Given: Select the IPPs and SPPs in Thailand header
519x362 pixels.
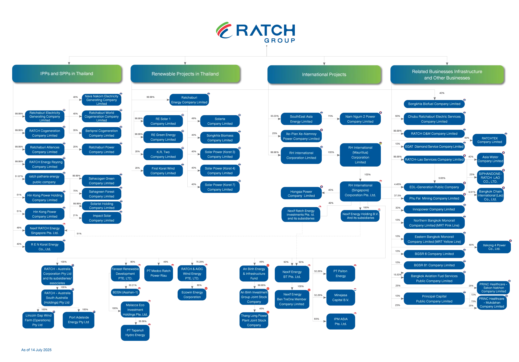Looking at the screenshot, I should (67, 74).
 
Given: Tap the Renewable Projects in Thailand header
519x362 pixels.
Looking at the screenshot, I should (185, 74).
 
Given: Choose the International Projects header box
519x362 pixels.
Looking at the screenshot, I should (324, 74).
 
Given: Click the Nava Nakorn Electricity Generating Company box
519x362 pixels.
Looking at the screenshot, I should (102, 100).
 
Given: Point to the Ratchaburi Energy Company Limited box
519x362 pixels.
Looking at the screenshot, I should (189, 100).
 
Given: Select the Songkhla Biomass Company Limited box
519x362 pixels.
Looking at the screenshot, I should (220, 138).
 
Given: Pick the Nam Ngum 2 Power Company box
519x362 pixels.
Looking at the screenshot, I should (360, 119).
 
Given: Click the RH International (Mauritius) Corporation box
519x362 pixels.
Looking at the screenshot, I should (360, 155).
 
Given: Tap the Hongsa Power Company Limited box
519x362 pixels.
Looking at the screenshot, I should (301, 194).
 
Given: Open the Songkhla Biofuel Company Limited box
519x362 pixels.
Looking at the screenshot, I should (434, 104).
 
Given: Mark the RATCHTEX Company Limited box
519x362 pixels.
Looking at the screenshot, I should (489, 140).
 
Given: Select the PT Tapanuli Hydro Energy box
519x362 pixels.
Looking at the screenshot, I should (135, 333).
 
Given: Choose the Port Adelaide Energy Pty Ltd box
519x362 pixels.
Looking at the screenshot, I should (79, 320).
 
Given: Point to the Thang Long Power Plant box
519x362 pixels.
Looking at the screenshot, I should (254, 320).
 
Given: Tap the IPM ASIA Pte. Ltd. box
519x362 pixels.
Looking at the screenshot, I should (340, 321).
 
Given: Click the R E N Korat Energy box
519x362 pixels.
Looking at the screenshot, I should (45, 247).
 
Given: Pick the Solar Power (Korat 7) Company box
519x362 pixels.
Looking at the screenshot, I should (220, 187).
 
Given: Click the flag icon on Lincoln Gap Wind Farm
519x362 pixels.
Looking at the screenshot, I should (54, 312).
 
